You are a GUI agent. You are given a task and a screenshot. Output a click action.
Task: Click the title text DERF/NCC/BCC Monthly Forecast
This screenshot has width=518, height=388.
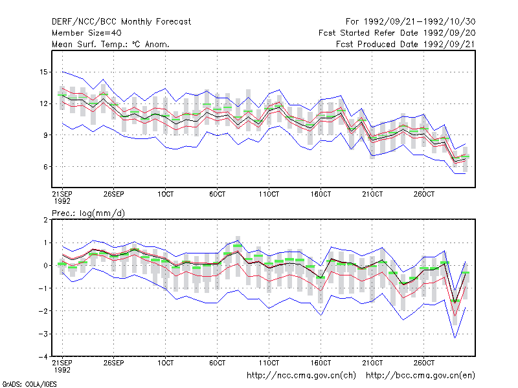[x=121, y=22]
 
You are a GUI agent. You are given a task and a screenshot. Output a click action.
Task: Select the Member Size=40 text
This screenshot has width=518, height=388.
[x=87, y=33]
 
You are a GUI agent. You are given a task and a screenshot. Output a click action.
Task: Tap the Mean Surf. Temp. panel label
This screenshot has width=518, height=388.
[x=111, y=44]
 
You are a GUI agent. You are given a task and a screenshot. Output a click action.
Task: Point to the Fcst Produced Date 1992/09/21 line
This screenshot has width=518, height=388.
[x=406, y=44]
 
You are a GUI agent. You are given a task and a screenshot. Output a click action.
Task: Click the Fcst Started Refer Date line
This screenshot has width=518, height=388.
[x=397, y=33]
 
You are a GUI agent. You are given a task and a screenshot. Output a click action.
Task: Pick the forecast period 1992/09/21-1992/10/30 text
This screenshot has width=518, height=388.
[x=411, y=22]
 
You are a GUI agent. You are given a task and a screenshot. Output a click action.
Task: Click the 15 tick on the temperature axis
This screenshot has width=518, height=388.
[x=43, y=72]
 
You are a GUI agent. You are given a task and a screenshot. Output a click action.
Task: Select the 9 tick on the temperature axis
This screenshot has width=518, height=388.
[x=45, y=135]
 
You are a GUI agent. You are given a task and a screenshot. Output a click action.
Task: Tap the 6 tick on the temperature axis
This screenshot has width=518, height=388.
[x=45, y=167]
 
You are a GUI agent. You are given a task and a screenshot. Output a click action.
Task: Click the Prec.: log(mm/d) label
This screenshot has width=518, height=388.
[x=89, y=213]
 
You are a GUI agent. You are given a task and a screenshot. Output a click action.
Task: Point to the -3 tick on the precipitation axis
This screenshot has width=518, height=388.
[x=43, y=334]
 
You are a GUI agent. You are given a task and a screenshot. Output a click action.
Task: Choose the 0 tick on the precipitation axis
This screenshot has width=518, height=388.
[x=45, y=266]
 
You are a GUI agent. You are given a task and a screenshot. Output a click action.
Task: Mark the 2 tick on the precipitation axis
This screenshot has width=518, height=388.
[x=45, y=220]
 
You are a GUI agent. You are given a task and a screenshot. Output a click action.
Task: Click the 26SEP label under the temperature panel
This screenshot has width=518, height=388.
[x=114, y=194]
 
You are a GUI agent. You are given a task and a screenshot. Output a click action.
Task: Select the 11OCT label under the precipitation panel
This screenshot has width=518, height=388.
[x=269, y=363]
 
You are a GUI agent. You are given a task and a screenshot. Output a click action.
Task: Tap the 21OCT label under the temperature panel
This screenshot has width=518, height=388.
[x=372, y=194]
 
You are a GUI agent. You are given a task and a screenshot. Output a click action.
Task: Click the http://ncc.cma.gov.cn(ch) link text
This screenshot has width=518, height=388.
[x=301, y=376]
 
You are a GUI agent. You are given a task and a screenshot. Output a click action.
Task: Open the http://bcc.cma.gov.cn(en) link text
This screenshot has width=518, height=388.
[x=420, y=376]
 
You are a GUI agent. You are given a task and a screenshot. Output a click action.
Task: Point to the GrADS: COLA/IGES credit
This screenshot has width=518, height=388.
[x=29, y=384]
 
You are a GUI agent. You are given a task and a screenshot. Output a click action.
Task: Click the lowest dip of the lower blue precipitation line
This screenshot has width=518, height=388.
[x=455, y=338]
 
